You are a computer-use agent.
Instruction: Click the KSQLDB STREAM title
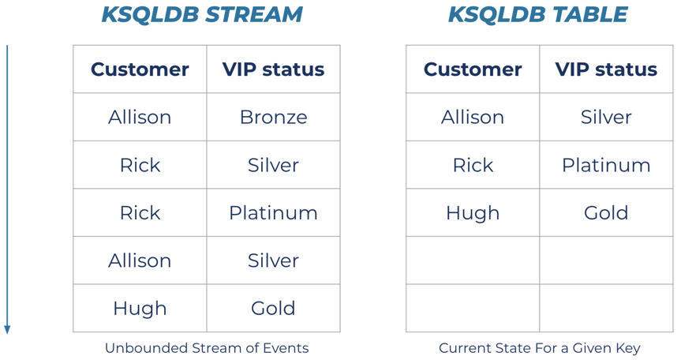pyautogui.click(x=202, y=14)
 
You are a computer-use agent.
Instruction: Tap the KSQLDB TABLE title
pyautogui.click(x=537, y=14)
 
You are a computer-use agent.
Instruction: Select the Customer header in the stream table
pyautogui.click(x=140, y=69)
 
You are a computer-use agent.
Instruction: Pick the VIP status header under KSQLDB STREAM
pyautogui.click(x=273, y=69)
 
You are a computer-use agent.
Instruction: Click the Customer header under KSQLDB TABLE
pyautogui.click(x=473, y=69)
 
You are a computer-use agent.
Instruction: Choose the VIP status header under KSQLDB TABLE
pyautogui.click(x=606, y=69)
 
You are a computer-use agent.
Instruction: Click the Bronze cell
pyautogui.click(x=273, y=118)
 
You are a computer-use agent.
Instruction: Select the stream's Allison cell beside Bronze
pyautogui.click(x=140, y=118)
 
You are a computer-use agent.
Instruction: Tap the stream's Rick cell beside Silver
pyautogui.click(x=140, y=165)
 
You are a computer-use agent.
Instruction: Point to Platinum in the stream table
pyautogui.click(x=273, y=213)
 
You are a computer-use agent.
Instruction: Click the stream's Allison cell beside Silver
pyautogui.click(x=140, y=261)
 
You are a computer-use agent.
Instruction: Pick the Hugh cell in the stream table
pyautogui.click(x=140, y=309)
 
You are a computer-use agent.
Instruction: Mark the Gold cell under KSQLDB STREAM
pyautogui.click(x=273, y=309)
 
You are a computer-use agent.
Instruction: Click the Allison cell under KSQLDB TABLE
pyautogui.click(x=473, y=118)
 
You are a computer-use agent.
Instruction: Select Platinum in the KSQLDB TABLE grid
pyautogui.click(x=606, y=165)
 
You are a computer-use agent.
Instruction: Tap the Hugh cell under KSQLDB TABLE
pyautogui.click(x=473, y=213)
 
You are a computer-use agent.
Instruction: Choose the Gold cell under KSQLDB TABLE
pyautogui.click(x=606, y=213)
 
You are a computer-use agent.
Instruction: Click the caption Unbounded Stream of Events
pyautogui.click(x=207, y=348)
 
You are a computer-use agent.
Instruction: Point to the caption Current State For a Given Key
pyautogui.click(x=540, y=348)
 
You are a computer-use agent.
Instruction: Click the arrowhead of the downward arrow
pyautogui.click(x=7, y=330)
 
